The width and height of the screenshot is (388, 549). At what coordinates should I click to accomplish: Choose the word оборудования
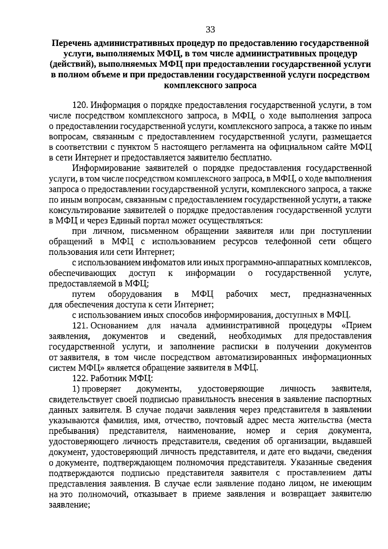click(135, 294)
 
